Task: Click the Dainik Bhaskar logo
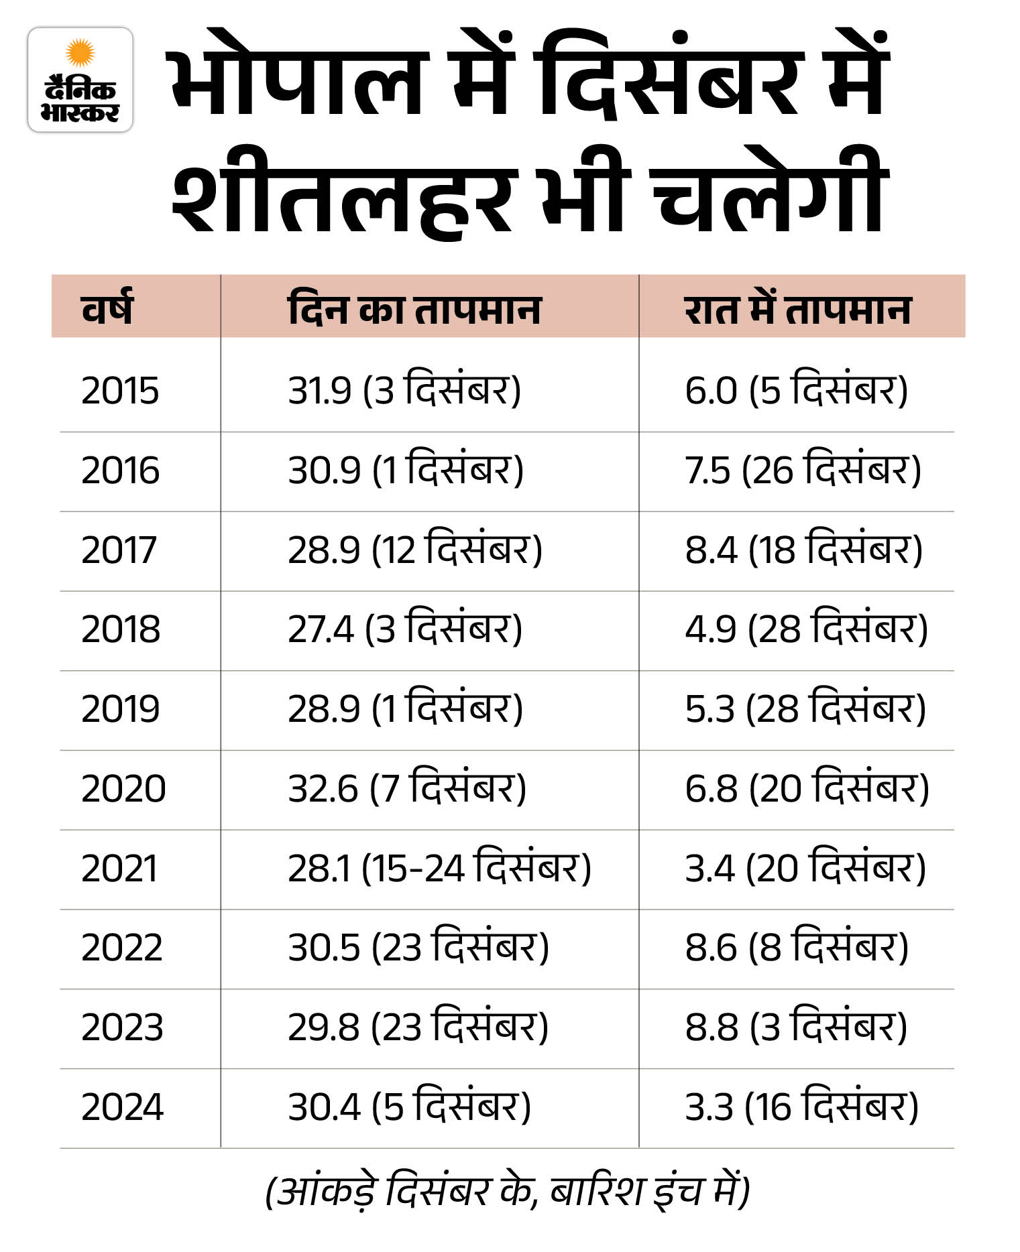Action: coord(80,80)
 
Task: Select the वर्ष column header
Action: coord(107,308)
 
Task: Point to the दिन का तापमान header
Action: coord(414,310)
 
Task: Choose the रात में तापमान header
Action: coord(797,310)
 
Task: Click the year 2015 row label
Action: coord(120,391)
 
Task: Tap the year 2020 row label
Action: coord(123,789)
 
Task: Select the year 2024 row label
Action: coord(122,1107)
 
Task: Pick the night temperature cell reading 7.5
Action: coord(803,469)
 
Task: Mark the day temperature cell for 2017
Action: coord(415,549)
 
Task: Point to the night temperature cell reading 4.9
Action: coord(806,629)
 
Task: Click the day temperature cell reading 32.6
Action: coord(407,788)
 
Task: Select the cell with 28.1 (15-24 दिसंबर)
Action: coord(439,868)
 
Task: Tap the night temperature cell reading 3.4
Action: coord(805,868)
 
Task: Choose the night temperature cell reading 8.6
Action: coord(797,948)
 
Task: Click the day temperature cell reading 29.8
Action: coord(418,1027)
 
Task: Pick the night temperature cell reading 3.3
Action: coord(801,1107)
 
